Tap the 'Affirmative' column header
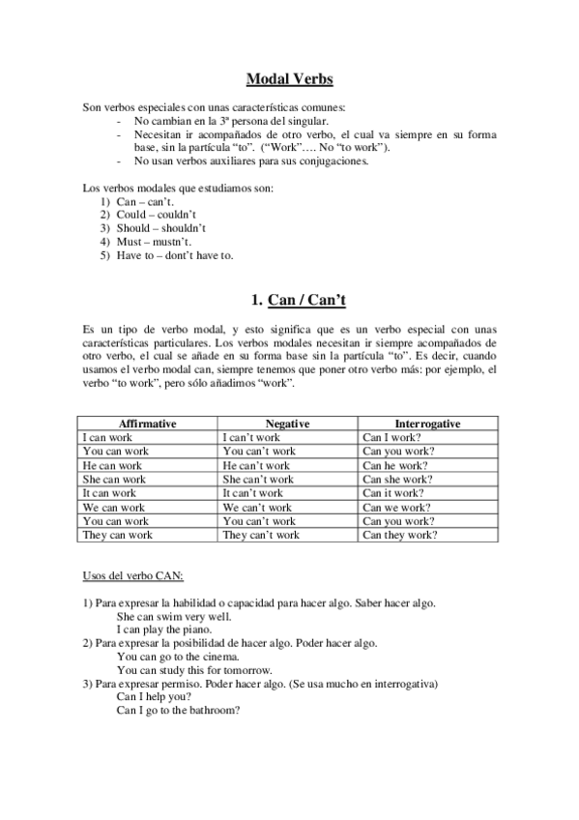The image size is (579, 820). coord(147,424)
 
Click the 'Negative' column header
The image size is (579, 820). coord(287,424)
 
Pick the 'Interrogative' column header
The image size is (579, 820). coord(427,424)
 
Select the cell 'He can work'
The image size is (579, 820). coord(112,465)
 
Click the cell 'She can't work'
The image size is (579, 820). coord(258,479)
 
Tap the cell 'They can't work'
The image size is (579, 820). coord(261,535)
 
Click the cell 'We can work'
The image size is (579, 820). coord(114,507)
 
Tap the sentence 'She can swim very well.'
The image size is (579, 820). coord(171,615)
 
